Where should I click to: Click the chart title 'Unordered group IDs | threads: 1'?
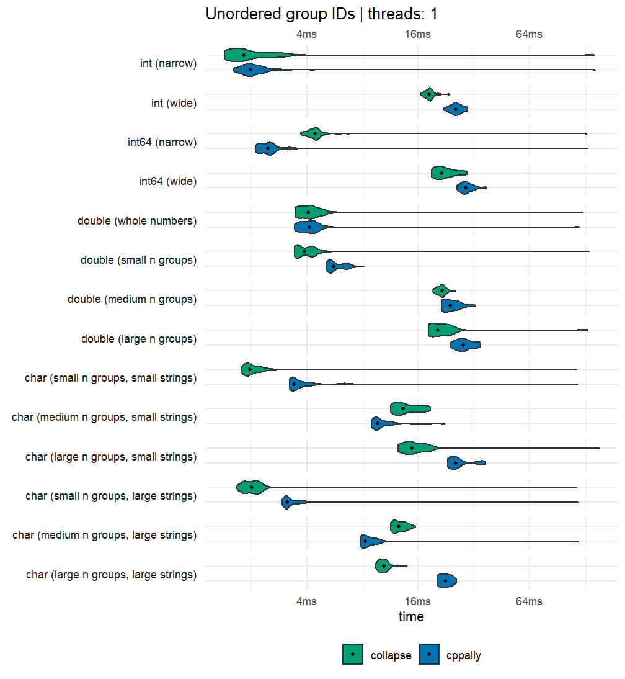(321, 14)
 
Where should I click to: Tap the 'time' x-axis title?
(411, 616)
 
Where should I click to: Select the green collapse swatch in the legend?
(353, 654)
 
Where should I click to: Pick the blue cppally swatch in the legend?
(429, 654)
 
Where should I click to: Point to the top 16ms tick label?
(417, 34)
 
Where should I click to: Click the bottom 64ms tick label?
(528, 601)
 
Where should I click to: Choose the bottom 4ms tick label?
(306, 601)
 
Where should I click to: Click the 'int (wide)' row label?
(174, 103)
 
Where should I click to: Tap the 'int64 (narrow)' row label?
(162, 142)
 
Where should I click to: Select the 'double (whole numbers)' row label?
(137, 221)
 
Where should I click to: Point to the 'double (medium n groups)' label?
(132, 299)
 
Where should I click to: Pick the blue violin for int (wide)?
(456, 109)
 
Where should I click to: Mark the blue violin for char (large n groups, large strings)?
(446, 581)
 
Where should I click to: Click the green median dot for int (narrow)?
(244, 55)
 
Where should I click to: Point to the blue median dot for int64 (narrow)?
(268, 148)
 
